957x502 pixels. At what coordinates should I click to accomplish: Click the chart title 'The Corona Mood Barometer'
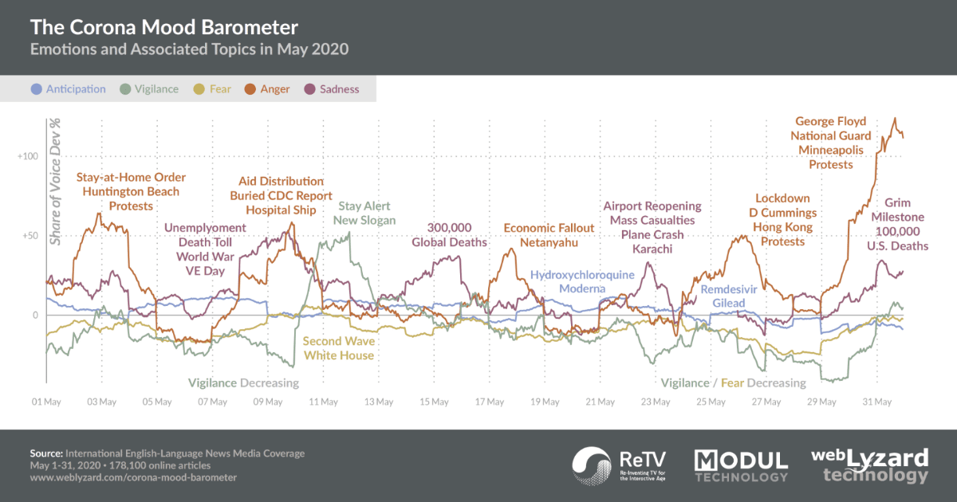(x=164, y=27)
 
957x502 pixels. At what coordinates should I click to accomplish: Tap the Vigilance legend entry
(x=150, y=89)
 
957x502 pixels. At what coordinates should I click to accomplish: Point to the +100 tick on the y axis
(x=28, y=156)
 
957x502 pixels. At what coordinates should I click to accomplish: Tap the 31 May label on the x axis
(x=876, y=402)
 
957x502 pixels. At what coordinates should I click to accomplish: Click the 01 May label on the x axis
(x=47, y=402)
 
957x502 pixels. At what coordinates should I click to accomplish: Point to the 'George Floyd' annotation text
(x=831, y=122)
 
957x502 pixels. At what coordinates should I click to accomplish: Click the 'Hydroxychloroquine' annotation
(x=582, y=275)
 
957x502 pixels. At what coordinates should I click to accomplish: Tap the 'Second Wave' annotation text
(x=338, y=341)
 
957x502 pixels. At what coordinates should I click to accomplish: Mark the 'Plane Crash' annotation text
(x=652, y=235)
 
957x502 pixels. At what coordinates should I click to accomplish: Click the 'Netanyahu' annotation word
(x=549, y=242)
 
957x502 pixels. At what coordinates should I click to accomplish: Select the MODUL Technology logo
(x=741, y=466)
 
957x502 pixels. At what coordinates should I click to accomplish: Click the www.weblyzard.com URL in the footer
(x=133, y=477)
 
